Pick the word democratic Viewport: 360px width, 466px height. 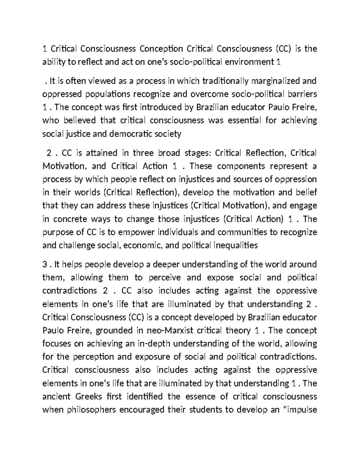(131, 134)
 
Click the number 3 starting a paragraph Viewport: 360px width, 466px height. (45, 265)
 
